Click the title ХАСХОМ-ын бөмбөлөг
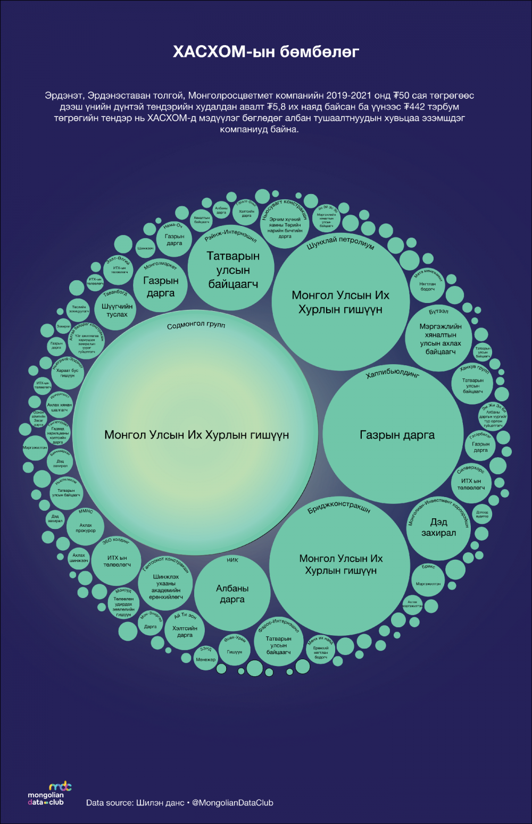tap(266, 52)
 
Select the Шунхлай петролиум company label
tap(340, 243)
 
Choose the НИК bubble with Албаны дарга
tap(232, 593)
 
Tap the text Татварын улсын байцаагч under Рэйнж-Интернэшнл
tap(233, 270)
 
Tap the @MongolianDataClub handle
tap(232, 803)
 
